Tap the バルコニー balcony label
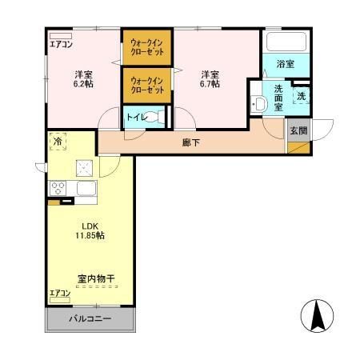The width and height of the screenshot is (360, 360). click(90, 318)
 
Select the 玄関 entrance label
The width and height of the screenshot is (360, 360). click(298, 130)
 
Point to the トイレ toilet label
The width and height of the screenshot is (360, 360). click(136, 117)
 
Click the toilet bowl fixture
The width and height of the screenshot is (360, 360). click(158, 117)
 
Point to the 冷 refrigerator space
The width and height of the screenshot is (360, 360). click(58, 142)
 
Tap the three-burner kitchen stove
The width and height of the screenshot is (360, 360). click(58, 189)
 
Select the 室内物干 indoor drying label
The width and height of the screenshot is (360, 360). click(96, 278)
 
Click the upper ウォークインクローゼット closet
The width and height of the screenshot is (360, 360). click(147, 47)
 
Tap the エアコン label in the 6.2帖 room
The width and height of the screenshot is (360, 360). click(61, 45)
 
